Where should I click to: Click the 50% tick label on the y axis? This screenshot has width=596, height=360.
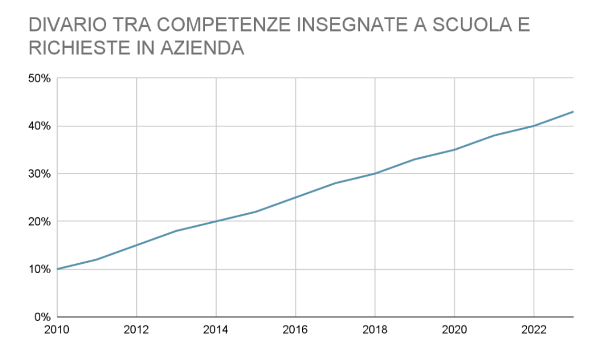point(40,78)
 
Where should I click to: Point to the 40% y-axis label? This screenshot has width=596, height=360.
point(40,126)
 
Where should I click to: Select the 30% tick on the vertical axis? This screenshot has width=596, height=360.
point(40,174)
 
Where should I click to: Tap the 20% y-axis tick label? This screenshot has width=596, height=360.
point(40,221)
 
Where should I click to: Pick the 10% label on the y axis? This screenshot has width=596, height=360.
point(40,269)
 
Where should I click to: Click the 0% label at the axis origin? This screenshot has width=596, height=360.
point(43,317)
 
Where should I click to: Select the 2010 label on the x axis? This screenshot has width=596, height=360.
point(57,330)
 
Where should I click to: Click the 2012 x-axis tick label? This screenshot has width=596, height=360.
point(136,330)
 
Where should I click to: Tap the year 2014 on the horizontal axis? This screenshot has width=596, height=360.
point(216,330)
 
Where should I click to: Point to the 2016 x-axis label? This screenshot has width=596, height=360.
point(295,330)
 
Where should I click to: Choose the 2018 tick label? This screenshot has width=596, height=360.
point(375,330)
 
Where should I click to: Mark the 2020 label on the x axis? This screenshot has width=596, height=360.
point(454,330)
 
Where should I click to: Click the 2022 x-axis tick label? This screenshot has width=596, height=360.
point(534,330)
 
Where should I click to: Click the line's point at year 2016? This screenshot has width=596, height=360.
point(295,197)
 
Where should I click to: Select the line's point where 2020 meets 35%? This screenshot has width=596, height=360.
point(454,150)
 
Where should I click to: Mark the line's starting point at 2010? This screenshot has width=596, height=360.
point(57,269)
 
